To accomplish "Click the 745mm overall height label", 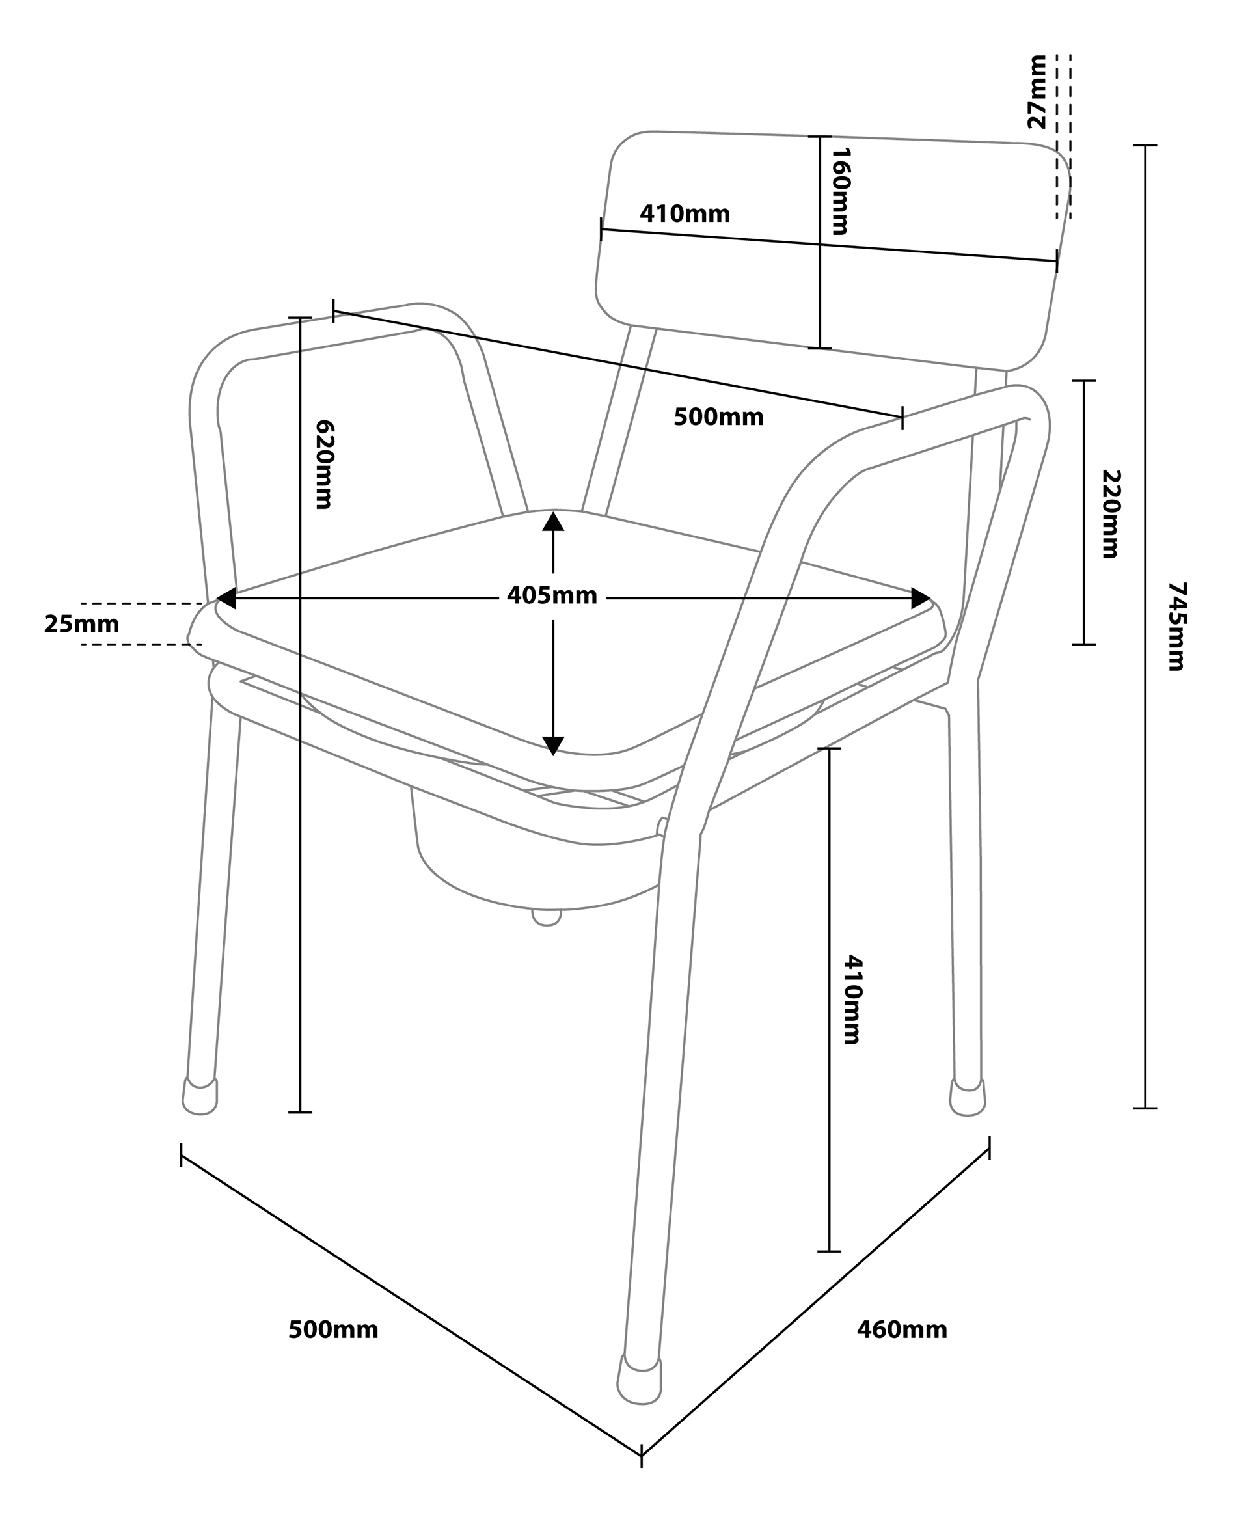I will (1176, 626).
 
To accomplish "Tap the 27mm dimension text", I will (1037, 91).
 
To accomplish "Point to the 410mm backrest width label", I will (685, 214).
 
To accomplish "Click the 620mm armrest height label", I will (324, 465).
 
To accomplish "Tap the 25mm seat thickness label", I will (81, 624).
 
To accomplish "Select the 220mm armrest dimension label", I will (1111, 514).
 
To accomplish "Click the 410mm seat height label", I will (852, 1000).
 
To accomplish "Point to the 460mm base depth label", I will (901, 1330).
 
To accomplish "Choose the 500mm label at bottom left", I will (333, 1330).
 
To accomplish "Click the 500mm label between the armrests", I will (718, 417).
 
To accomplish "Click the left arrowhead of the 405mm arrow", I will (226, 598).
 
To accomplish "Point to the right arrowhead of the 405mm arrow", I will (921, 598).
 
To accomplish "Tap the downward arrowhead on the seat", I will (553, 746).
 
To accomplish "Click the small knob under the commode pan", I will (547, 918).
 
